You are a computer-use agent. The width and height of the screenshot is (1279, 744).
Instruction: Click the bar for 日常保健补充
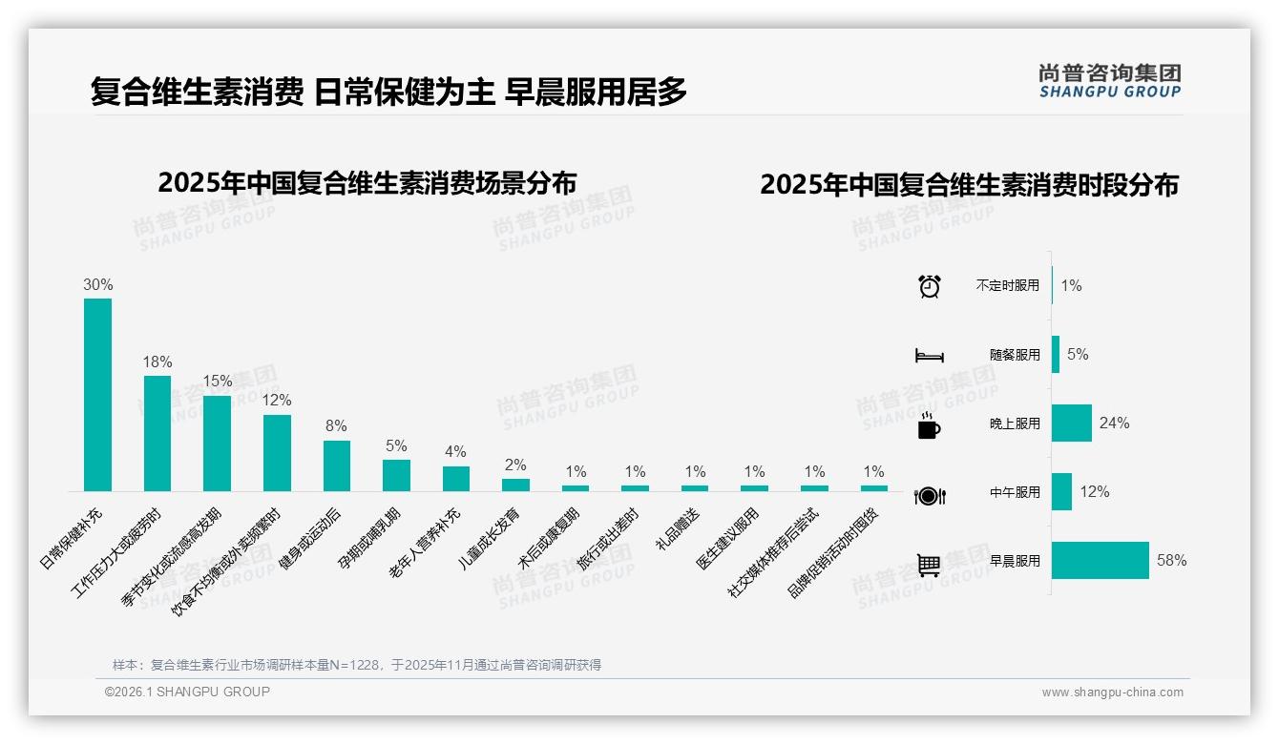pos(97,395)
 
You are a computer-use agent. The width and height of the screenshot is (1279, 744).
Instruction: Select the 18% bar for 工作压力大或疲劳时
pos(157,433)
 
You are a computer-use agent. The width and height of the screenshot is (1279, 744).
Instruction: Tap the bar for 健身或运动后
pos(337,465)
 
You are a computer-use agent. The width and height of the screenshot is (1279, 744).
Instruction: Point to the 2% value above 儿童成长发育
pos(515,465)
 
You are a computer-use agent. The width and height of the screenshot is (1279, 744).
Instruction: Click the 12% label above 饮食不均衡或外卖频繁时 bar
pos(277,401)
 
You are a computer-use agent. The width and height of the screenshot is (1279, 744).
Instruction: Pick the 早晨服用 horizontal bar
pos(1100,561)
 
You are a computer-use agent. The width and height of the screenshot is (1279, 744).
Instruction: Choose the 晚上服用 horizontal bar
pos(1071,423)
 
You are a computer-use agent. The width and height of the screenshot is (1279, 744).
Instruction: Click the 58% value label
pos(1171,561)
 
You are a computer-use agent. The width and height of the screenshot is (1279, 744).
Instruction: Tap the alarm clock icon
pos(929,286)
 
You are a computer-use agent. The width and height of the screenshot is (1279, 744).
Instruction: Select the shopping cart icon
pos(929,565)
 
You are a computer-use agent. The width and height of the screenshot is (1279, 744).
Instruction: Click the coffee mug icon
pos(929,426)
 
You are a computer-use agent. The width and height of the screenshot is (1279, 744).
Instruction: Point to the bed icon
pos(929,356)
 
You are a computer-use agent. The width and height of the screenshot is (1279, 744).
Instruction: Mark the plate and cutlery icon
pos(929,496)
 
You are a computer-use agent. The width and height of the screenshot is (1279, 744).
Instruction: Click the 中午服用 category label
pos(1015,493)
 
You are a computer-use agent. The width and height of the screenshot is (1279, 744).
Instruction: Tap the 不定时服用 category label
pos(1008,285)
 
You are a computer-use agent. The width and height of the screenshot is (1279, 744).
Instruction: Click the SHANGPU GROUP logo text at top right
pos(1109,93)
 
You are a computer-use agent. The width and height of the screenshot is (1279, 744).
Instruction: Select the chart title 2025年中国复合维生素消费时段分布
pos(969,185)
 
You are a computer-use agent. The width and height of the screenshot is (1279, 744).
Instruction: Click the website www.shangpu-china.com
pos(1112,692)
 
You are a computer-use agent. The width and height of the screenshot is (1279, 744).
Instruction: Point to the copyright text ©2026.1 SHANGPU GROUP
pos(187,692)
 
